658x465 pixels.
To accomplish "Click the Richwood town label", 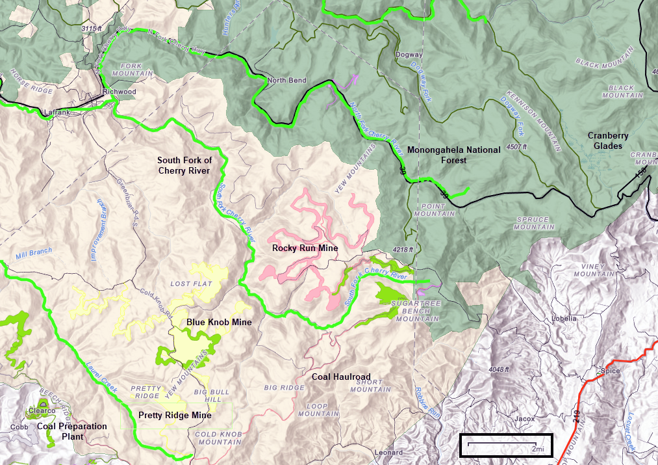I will coord(121,92).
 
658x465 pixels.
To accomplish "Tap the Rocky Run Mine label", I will coord(305,248).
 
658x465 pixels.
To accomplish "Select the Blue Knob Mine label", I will coord(219,322).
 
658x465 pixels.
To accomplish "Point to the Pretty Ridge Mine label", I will coord(175,415).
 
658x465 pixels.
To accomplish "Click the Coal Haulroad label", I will coord(341,377).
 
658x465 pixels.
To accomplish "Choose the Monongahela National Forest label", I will coord(454,155).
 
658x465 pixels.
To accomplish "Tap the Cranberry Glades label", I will coord(608,140).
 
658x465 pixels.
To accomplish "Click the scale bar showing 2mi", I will coord(506,445).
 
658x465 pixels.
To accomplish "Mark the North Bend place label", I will coord(286,81).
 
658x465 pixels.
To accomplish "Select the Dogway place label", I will coord(409,55).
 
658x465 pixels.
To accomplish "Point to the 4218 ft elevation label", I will coord(403,249).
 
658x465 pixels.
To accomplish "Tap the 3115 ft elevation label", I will coord(92,29).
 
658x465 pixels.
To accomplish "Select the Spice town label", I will coord(610,371).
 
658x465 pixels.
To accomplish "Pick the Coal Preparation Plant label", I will coord(71,431).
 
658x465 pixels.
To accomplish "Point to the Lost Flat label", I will coord(191,284).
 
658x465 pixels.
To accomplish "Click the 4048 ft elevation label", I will coord(500,369).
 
